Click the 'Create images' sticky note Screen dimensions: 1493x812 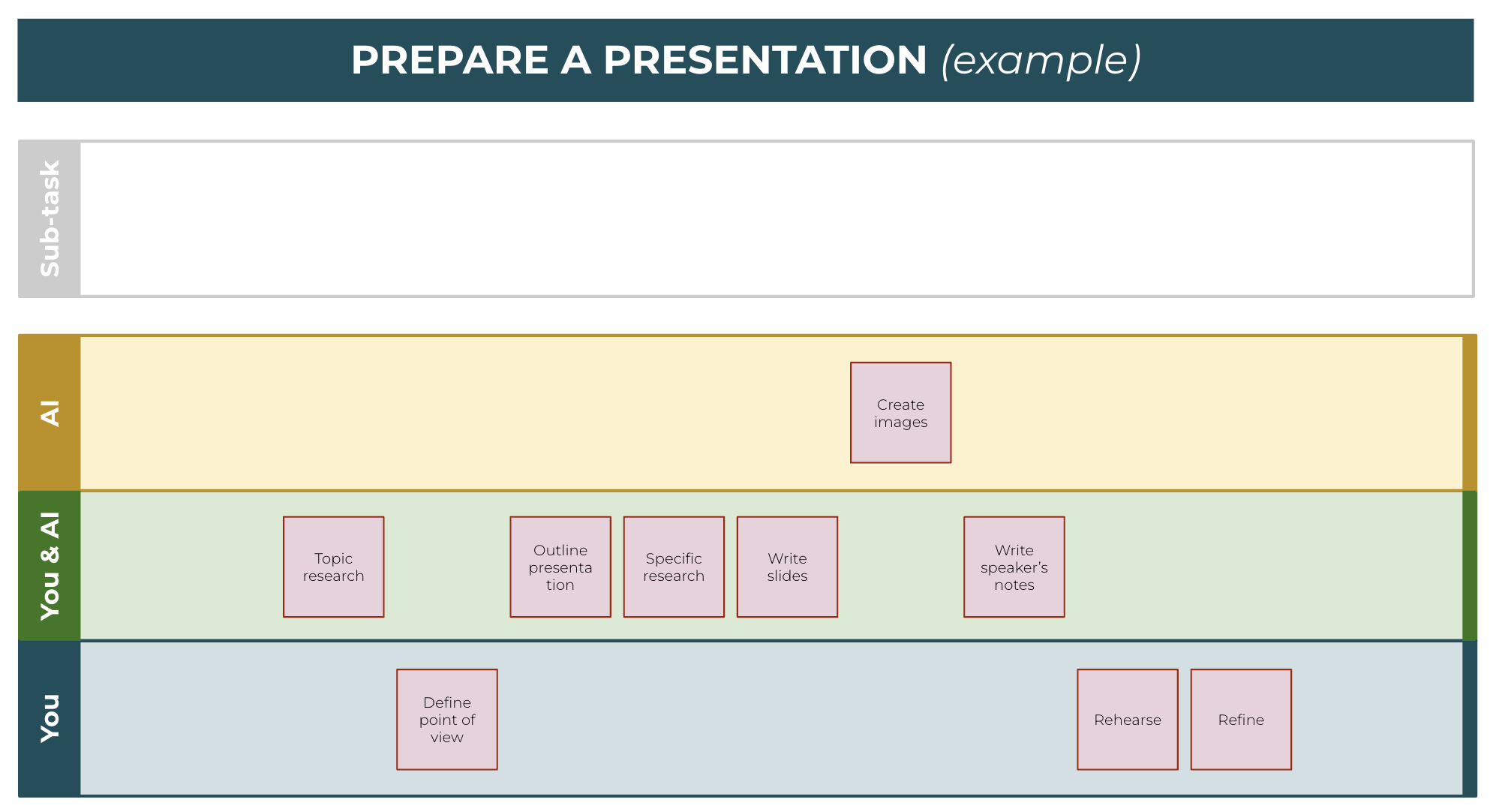click(900, 413)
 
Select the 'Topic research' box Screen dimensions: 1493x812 click(334, 567)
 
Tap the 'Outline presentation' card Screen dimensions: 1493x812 click(560, 567)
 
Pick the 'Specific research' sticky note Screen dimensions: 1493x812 click(674, 567)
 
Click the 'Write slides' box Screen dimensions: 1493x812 click(787, 567)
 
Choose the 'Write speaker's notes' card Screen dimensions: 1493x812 click(1014, 567)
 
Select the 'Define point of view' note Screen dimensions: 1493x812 click(447, 720)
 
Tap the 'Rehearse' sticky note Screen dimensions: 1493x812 click(1128, 720)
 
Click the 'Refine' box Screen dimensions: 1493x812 click(1241, 720)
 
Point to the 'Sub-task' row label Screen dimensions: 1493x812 click(50, 218)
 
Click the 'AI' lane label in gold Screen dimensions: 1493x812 click(50, 414)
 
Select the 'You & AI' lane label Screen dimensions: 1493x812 click(50, 566)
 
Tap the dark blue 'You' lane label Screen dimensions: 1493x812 click(50, 718)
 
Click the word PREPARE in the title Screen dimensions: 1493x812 click(450, 60)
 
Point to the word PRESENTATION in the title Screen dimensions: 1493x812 click(765, 60)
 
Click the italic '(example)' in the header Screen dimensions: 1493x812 click(1041, 61)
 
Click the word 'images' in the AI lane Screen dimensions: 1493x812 click(900, 423)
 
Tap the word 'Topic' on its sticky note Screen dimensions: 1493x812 click(333, 559)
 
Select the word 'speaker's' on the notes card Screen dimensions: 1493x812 click(1014, 568)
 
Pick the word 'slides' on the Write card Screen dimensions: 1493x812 click(787, 576)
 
